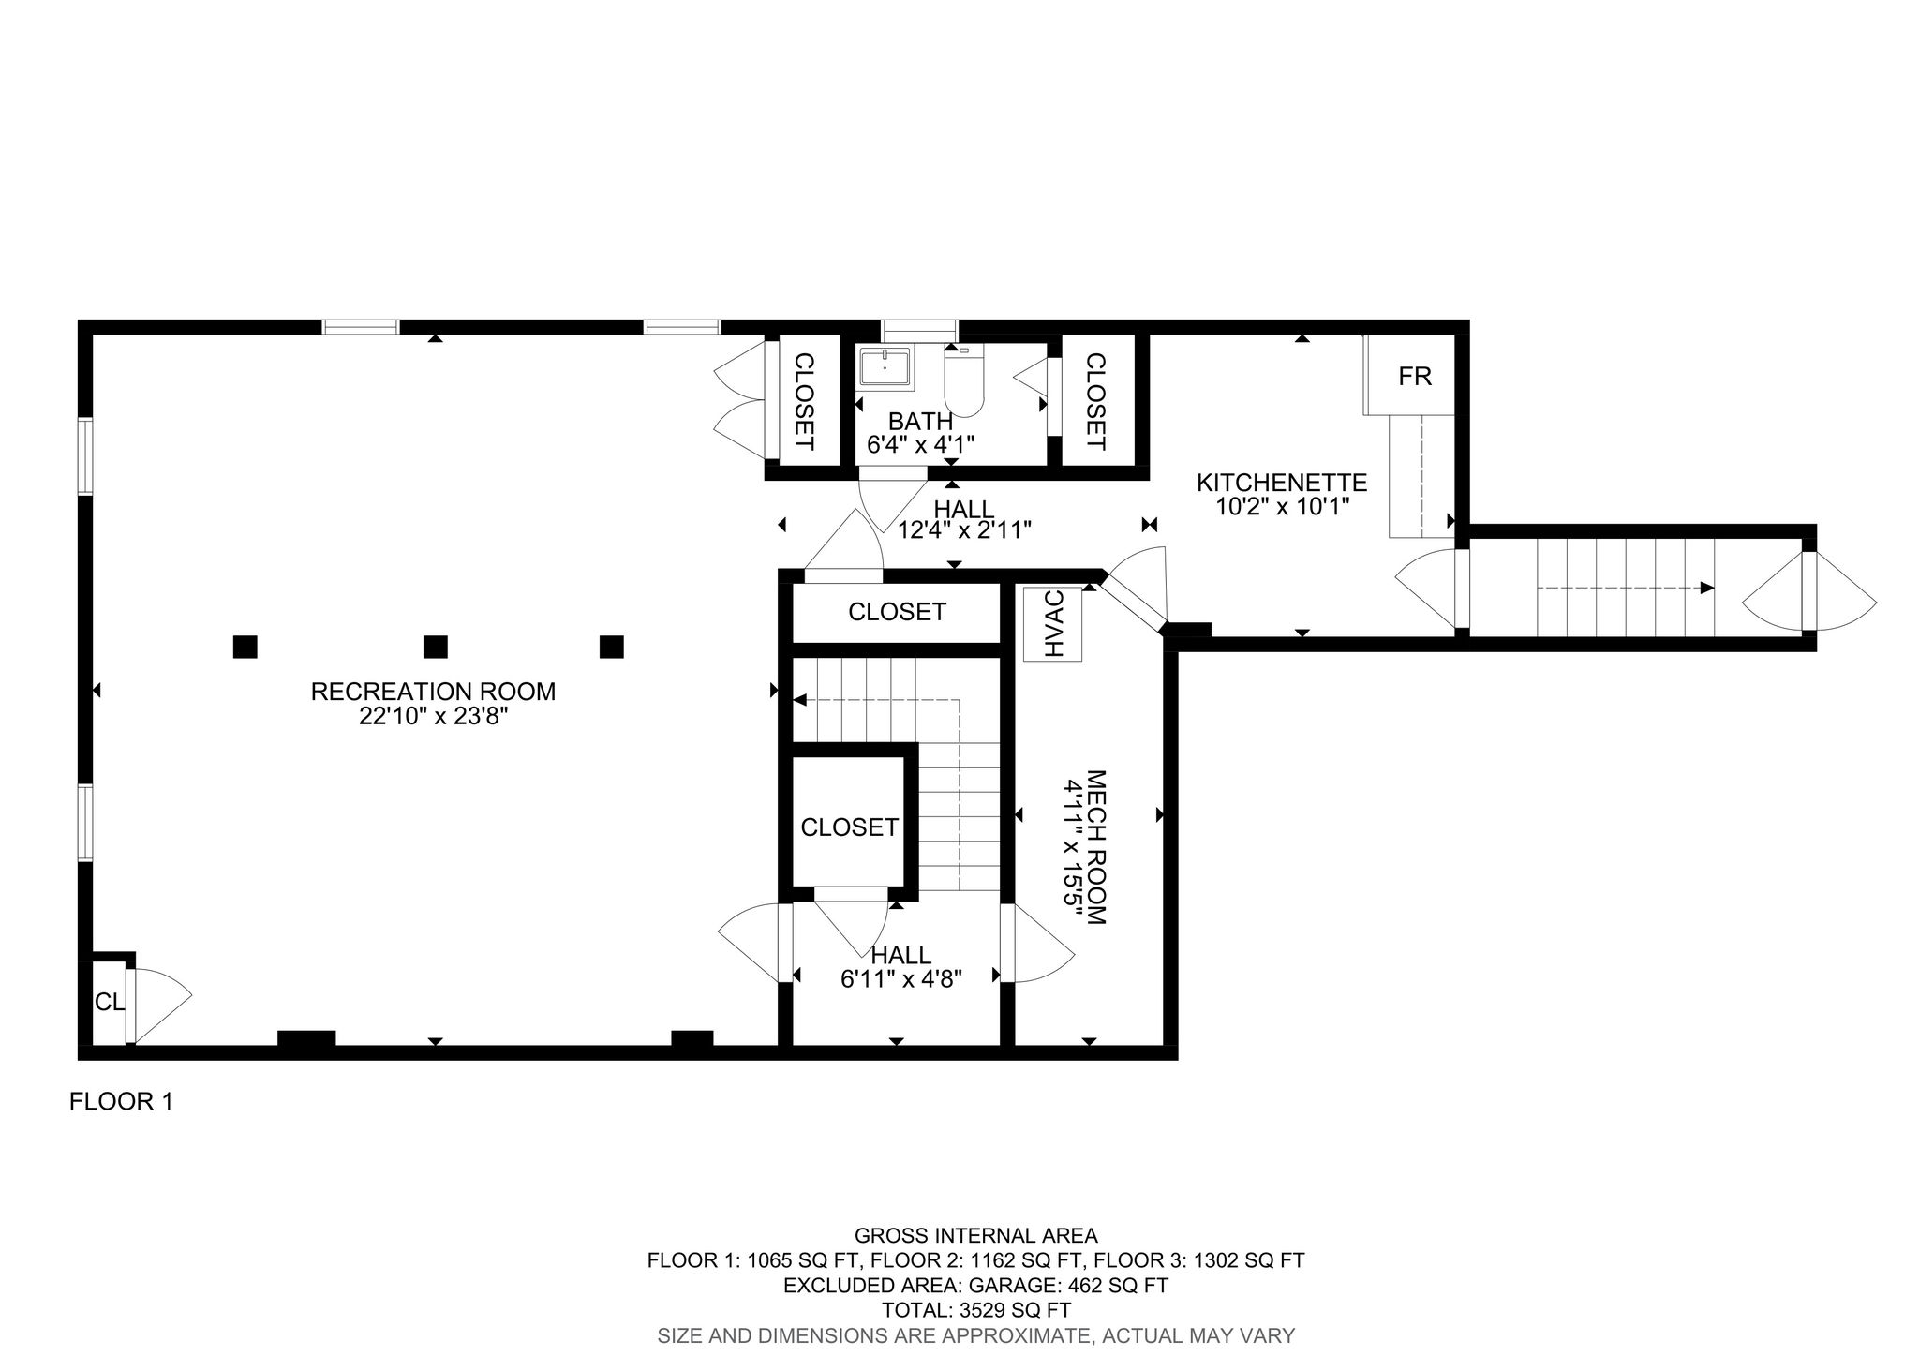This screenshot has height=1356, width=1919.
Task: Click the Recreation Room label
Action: (433, 692)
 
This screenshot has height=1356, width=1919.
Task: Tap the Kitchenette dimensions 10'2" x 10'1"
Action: (1281, 506)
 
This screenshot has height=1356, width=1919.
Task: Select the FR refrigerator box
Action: (1414, 376)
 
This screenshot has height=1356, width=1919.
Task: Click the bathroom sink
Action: (885, 366)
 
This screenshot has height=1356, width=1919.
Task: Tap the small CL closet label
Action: (109, 1002)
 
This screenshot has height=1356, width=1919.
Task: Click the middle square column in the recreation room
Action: (435, 647)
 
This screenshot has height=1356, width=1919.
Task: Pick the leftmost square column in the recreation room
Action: (245, 647)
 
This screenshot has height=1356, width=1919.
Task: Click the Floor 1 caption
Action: (121, 1102)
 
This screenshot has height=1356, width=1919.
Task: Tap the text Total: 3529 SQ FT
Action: (975, 1310)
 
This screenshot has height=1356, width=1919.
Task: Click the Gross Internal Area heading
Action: (975, 1236)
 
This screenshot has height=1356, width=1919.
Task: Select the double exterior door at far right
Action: (1810, 590)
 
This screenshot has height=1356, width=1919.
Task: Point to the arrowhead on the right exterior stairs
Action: (1706, 588)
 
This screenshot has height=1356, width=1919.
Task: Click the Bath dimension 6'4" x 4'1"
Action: (921, 444)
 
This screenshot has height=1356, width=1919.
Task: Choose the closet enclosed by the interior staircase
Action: (849, 827)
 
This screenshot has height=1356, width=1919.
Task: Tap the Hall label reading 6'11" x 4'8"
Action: (901, 978)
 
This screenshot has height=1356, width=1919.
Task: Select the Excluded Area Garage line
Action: (975, 1285)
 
